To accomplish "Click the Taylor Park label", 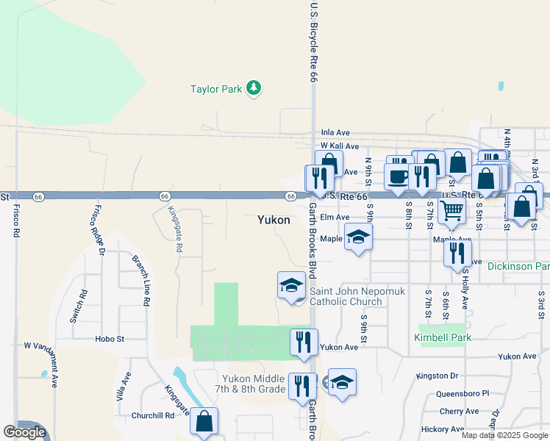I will (216, 90).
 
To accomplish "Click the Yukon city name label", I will (274, 220).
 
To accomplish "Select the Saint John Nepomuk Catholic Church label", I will (355, 296).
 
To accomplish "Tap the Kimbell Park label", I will (442, 337).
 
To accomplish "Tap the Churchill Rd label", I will (153, 415).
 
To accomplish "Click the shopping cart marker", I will (451, 210).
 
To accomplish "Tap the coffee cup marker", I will (398, 177).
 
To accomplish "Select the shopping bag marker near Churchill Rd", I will (204, 421).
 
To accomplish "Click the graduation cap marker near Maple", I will (358, 237).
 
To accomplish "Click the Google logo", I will (24, 432).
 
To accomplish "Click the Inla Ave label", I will (335, 133).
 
